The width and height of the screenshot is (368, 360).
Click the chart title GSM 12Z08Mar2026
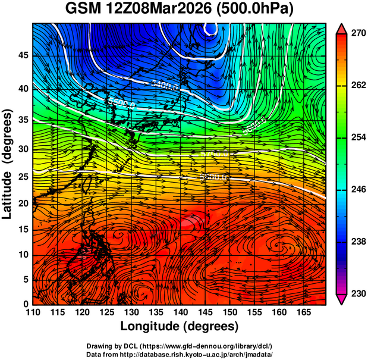point(143,10)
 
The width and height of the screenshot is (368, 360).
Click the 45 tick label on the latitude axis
point(23,55)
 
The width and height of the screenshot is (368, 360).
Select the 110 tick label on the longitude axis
point(33,312)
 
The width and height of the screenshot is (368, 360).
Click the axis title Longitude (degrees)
point(180,326)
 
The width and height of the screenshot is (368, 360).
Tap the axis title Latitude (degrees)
point(8,163)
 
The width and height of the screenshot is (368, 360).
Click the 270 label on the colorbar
point(357,34)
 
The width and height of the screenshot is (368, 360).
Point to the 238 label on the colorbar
point(357,242)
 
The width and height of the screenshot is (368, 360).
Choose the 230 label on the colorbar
point(357,293)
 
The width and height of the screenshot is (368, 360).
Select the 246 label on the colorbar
point(357,190)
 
